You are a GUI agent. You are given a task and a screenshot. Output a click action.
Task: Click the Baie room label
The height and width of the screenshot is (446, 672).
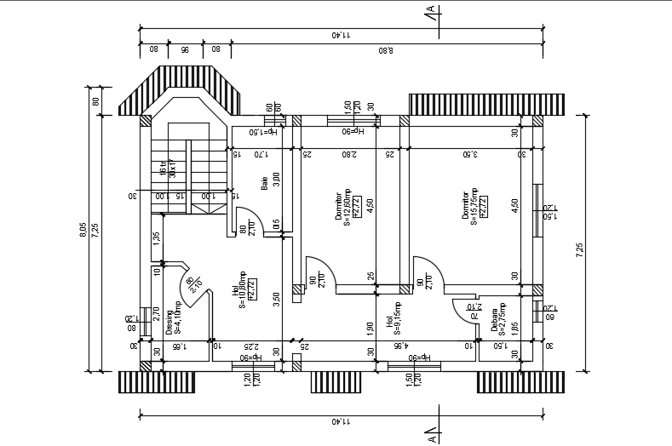(264, 183)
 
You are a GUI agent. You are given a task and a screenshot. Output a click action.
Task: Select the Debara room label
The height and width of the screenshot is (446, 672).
(493, 320)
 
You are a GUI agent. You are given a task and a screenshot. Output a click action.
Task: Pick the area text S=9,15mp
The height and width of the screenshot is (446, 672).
(397, 316)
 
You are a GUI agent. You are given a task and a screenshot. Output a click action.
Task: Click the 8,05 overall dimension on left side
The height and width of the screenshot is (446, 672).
(83, 230)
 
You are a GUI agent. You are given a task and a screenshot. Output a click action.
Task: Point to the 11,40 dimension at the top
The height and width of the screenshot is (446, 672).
(341, 35)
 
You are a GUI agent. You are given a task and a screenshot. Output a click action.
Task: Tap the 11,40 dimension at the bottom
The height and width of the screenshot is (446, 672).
(341, 421)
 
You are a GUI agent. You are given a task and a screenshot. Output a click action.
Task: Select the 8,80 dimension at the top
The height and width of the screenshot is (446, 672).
(385, 50)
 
